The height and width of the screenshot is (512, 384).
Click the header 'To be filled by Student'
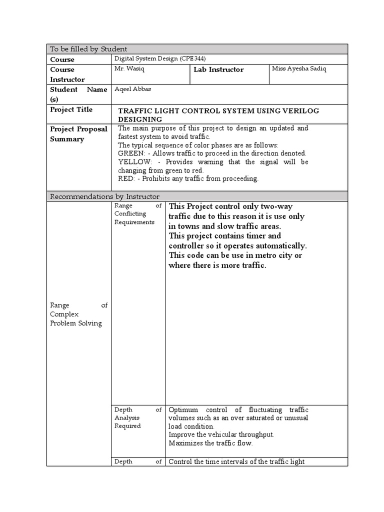(88, 48)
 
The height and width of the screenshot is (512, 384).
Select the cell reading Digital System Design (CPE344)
(160, 58)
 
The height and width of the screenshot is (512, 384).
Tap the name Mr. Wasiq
(129, 68)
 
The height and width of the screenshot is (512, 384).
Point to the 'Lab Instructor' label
(218, 69)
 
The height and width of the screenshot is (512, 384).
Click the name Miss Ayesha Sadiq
(298, 68)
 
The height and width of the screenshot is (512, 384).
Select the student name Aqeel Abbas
(133, 88)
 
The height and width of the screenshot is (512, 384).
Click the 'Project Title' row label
(71, 109)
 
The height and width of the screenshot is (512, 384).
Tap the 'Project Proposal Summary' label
(78, 134)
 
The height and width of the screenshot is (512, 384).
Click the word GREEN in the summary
(130, 153)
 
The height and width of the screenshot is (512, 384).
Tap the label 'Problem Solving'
(75, 323)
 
